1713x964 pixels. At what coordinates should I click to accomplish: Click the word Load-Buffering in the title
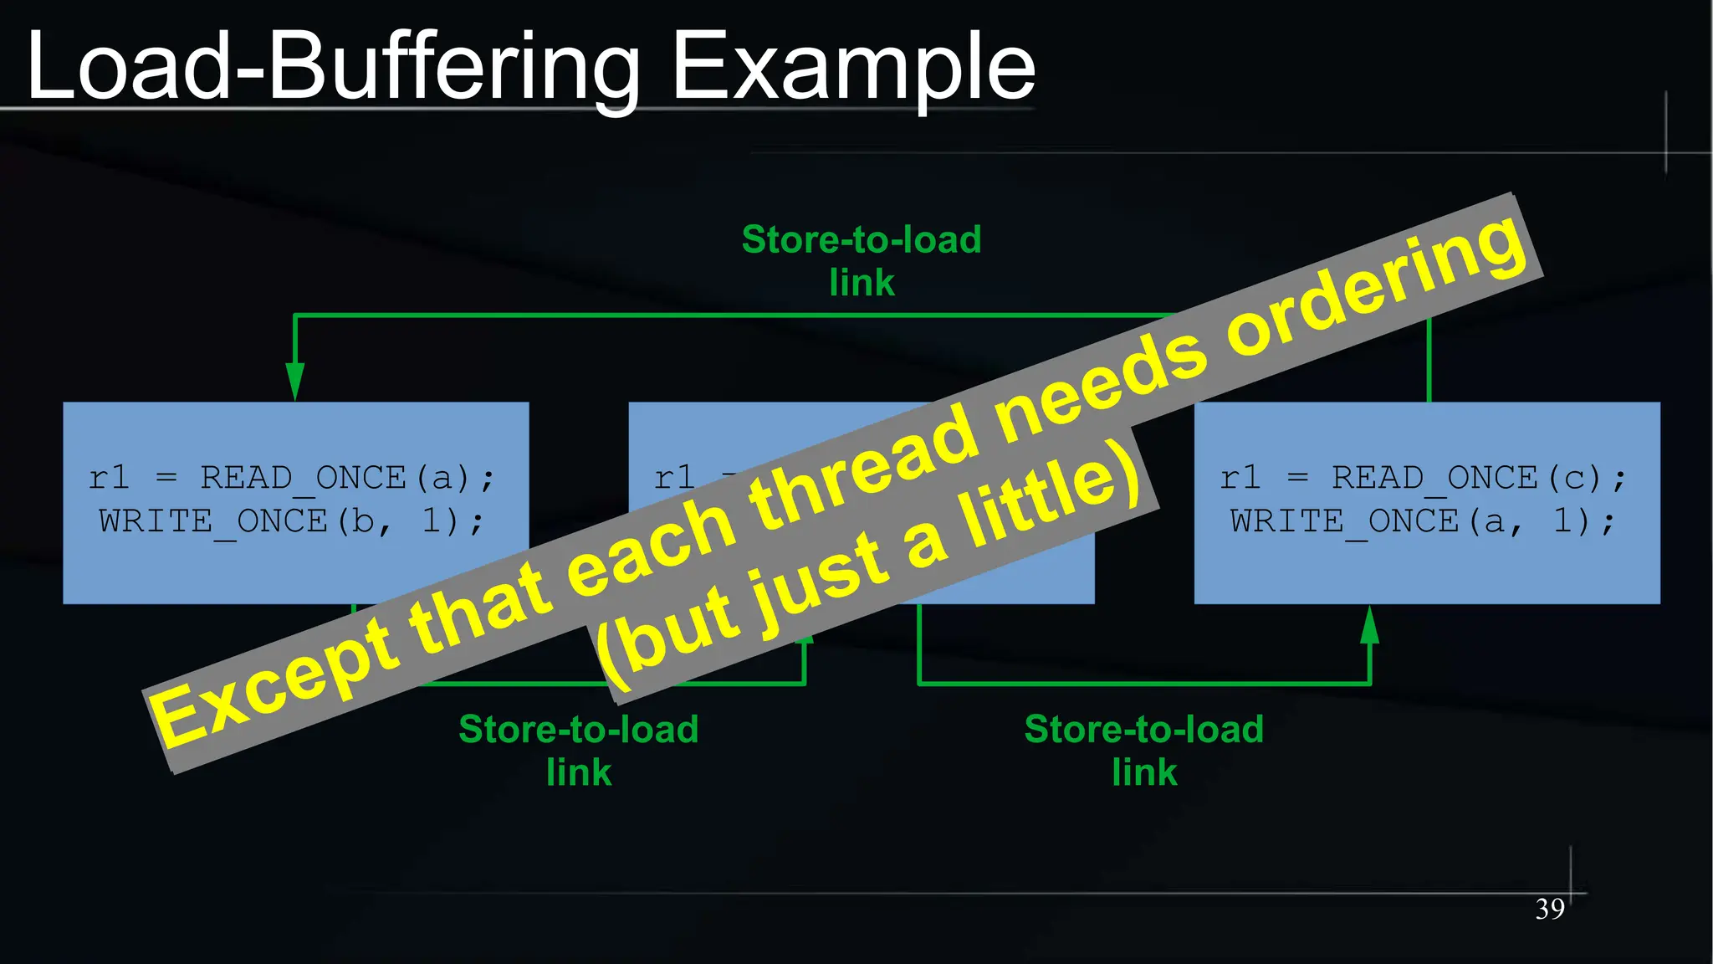tap(335, 67)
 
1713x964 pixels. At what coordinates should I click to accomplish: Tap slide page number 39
tap(1549, 909)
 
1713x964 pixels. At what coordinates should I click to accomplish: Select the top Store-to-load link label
tap(862, 260)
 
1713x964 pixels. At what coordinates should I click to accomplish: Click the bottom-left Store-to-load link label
tap(579, 750)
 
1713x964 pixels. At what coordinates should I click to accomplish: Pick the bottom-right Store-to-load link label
tap(1143, 750)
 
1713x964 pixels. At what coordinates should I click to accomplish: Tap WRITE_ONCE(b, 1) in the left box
tap(290, 521)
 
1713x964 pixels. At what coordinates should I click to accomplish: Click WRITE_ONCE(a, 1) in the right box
tap(1422, 521)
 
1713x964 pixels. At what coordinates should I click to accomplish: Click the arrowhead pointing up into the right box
tap(1369, 625)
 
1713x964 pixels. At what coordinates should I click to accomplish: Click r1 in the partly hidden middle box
tap(674, 478)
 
